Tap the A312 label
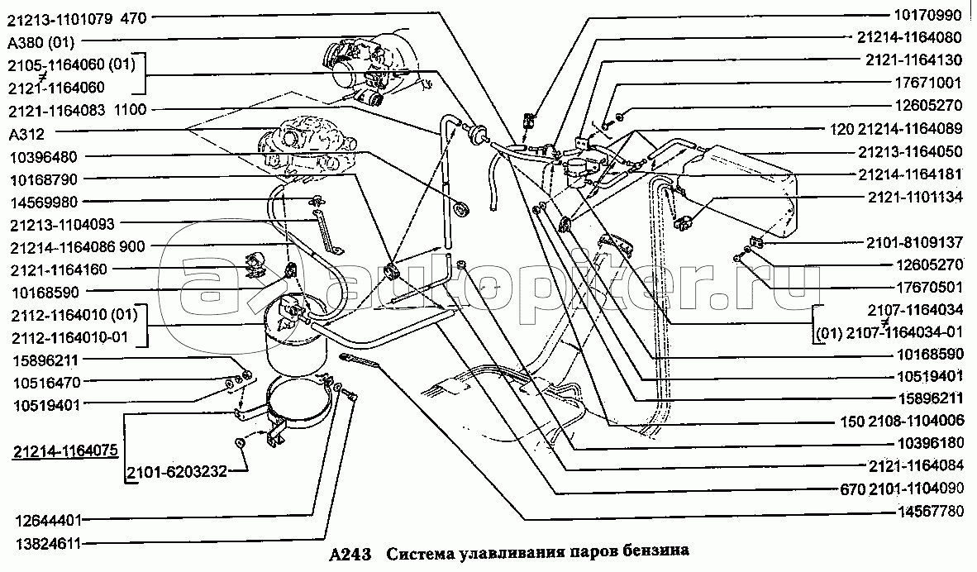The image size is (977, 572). pos(26,133)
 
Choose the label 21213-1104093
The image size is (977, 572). pos(62,223)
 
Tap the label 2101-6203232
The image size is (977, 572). pos(175,473)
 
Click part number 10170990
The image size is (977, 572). pos(929,15)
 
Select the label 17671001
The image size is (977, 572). pos(929,83)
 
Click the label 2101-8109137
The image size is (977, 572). pos(915,243)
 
